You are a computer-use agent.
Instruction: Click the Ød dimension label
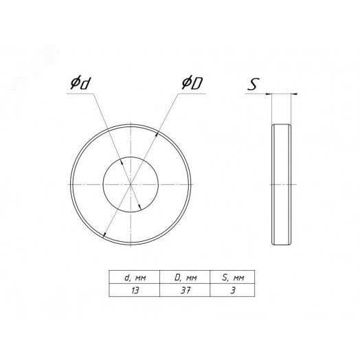(x=80, y=84)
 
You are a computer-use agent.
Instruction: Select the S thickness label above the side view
(x=254, y=84)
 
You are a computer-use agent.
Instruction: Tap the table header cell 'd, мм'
(x=134, y=278)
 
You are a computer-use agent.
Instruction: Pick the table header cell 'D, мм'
(x=185, y=278)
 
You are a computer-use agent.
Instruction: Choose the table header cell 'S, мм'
(x=232, y=278)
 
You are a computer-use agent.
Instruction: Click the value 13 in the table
(x=135, y=291)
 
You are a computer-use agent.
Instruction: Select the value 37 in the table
(x=185, y=291)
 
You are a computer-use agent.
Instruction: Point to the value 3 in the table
(x=233, y=291)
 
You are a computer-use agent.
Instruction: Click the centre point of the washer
(x=131, y=184)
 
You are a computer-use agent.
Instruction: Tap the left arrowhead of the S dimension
(x=269, y=93)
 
